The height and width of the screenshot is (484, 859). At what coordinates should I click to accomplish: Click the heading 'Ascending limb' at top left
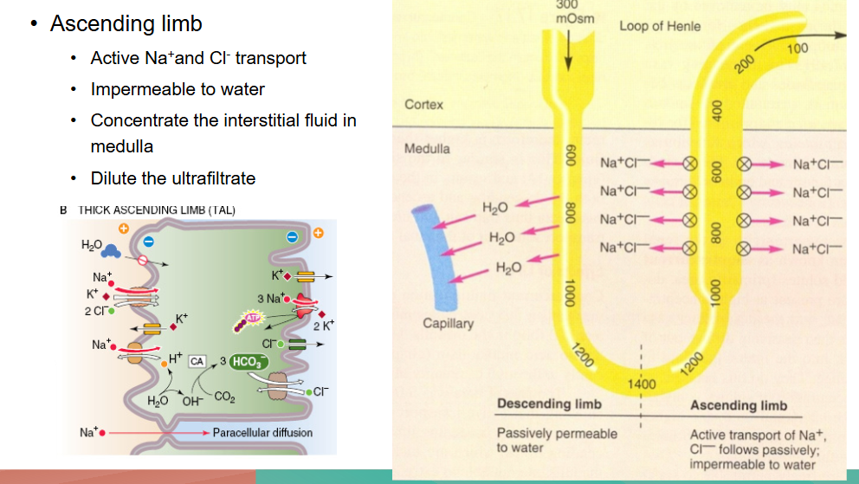click(126, 23)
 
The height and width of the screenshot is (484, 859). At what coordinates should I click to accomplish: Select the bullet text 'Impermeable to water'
click(178, 89)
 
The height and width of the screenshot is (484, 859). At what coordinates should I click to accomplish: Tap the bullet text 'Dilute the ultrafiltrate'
click(173, 178)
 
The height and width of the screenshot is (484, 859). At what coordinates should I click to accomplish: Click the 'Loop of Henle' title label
click(660, 26)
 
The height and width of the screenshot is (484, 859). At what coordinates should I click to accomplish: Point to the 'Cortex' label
click(424, 105)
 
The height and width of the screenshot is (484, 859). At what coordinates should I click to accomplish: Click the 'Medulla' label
click(428, 148)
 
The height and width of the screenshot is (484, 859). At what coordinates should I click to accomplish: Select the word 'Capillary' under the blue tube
click(449, 324)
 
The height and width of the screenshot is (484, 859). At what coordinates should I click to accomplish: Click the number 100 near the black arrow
click(798, 48)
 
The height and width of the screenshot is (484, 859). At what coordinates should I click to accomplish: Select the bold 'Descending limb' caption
click(550, 404)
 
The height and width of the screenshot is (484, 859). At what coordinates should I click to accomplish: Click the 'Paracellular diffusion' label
click(263, 432)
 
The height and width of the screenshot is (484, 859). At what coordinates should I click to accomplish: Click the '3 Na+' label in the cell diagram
click(270, 299)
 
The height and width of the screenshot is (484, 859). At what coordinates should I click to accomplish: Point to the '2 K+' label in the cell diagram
click(322, 326)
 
